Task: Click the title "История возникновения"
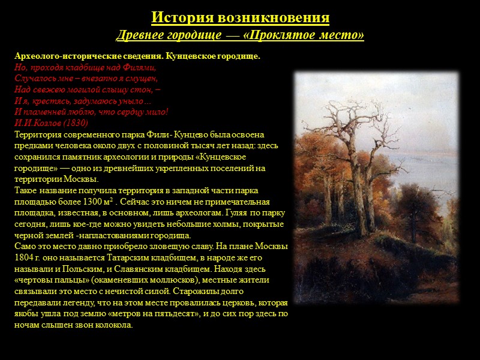[240, 17]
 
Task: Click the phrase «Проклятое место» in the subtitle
[305, 36]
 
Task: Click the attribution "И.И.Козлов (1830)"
[51, 122]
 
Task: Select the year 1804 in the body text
[26, 258]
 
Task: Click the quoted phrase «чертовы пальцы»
[48, 280]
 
